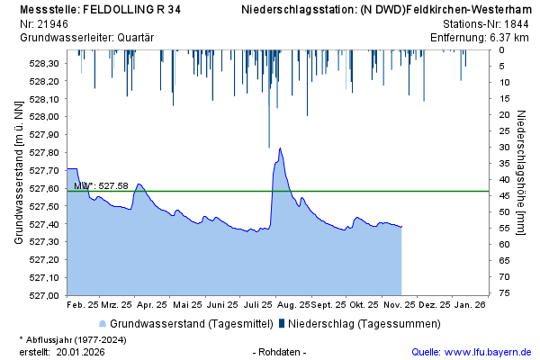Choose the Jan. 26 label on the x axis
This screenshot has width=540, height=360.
(x=470, y=305)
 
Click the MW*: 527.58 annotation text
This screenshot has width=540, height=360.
(x=101, y=185)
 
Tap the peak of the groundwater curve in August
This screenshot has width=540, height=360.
(x=281, y=148)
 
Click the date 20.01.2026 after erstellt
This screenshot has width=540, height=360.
(x=80, y=352)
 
